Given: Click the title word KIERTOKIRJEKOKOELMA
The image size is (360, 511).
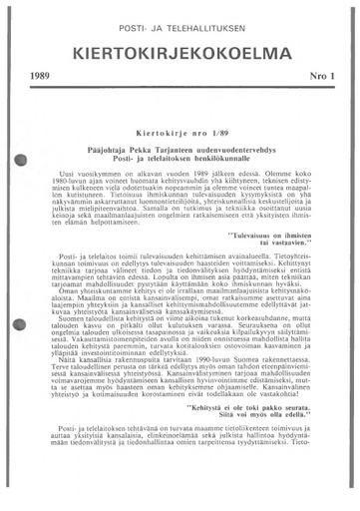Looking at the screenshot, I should click(x=180, y=52).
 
